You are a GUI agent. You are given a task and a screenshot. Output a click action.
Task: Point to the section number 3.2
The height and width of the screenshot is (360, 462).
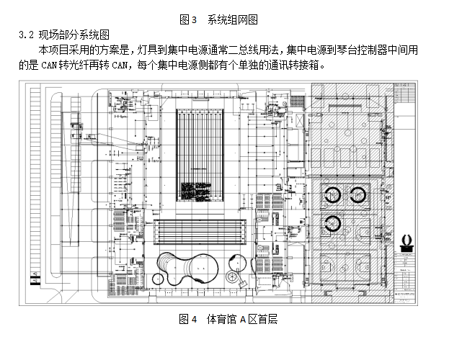(27, 34)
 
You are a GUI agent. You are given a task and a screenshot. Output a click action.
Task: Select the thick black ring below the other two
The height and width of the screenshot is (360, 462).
(333, 222)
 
